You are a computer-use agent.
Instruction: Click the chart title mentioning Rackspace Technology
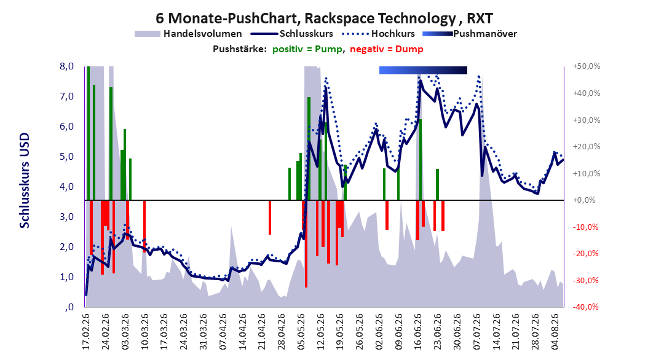coord(324,18)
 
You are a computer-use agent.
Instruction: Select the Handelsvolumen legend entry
coord(189,34)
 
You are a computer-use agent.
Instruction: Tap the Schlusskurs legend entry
coord(292,34)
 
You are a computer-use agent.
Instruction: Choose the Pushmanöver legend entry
coord(470,34)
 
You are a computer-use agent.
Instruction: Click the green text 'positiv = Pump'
coord(307,49)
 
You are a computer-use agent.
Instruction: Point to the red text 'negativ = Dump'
coord(387,49)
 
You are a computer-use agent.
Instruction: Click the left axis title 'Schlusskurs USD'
coord(25,181)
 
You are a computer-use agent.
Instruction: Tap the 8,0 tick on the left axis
coord(67,66)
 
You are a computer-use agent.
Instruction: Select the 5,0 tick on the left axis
coord(67,157)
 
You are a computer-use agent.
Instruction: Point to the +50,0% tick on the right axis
coord(587,66)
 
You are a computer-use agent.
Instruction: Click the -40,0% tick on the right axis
coord(585,307)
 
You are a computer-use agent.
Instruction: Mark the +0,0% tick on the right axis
coord(584,200)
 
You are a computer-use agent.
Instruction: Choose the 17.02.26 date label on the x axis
coord(86,332)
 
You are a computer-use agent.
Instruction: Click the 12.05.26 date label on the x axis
coord(321,332)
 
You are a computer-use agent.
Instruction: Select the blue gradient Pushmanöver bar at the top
coord(423,70)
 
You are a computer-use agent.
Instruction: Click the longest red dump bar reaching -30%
coord(306,243)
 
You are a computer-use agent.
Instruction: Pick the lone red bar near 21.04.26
coord(270,217)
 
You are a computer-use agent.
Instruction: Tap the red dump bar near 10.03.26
coord(144,226)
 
